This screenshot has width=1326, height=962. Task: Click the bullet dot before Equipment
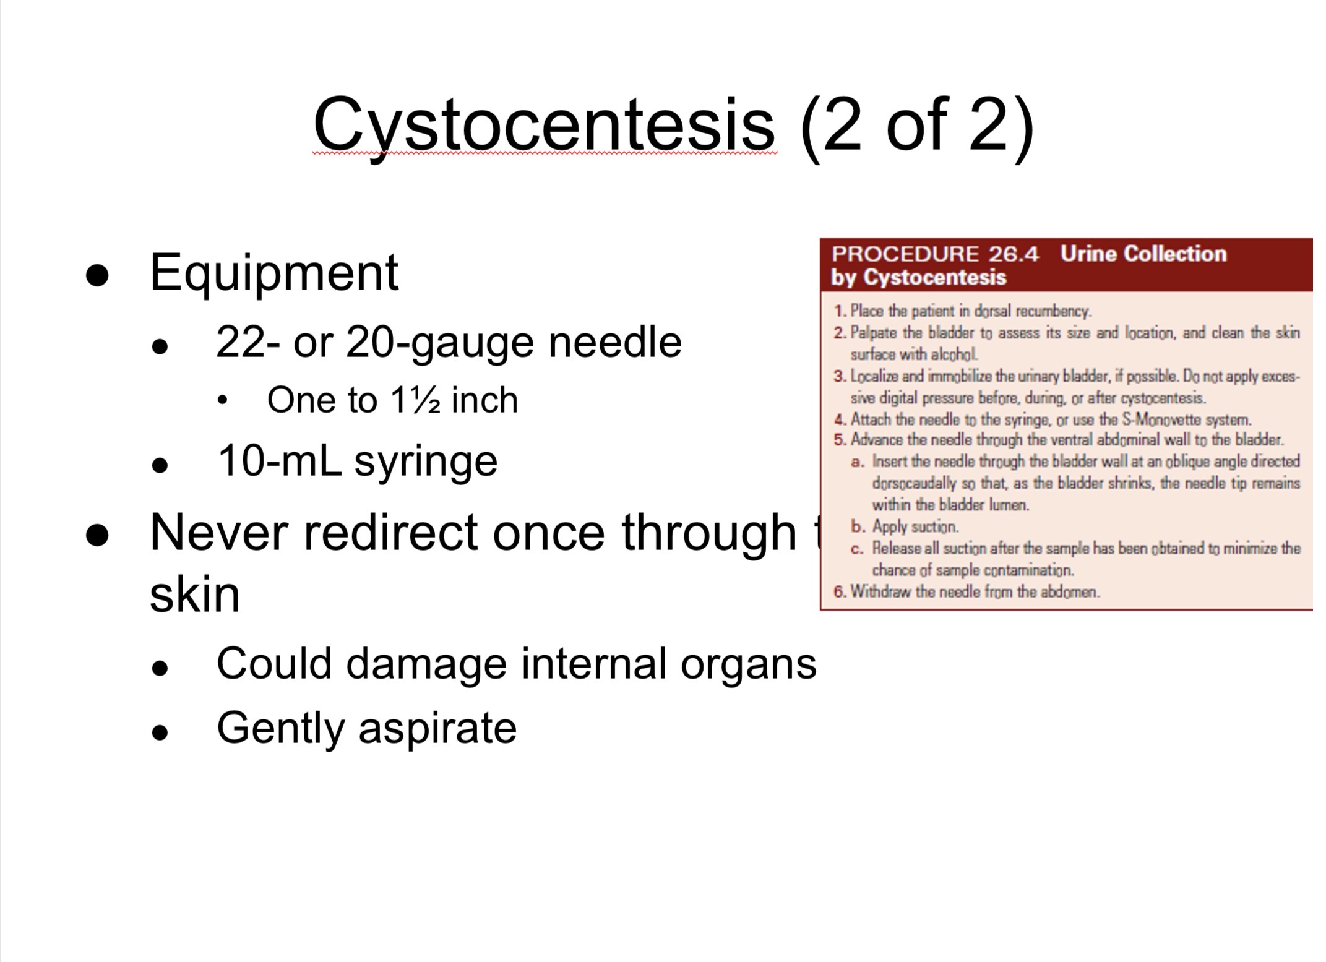pyautogui.click(x=97, y=276)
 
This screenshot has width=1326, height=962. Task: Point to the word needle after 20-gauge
pyautogui.click(x=615, y=342)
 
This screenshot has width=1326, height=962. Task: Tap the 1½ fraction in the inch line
pyautogui.click(x=415, y=400)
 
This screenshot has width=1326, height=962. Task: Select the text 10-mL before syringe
pyautogui.click(x=280, y=461)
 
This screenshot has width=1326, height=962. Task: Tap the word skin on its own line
pyautogui.click(x=194, y=595)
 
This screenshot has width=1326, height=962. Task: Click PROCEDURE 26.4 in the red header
pyautogui.click(x=935, y=254)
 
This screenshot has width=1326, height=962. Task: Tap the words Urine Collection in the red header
pyautogui.click(x=1143, y=254)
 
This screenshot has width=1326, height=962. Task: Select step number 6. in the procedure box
pyautogui.click(x=840, y=592)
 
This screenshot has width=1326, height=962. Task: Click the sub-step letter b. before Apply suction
pyautogui.click(x=858, y=527)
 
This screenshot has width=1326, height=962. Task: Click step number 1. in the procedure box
pyautogui.click(x=840, y=311)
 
